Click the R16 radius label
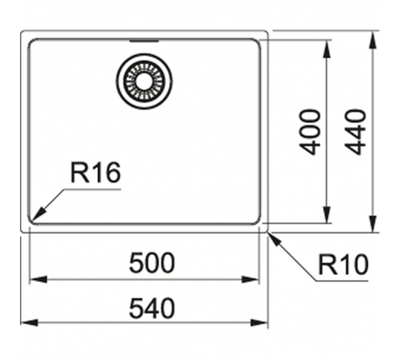pyautogui.click(x=96, y=172)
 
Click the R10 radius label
pyautogui.click(x=344, y=264)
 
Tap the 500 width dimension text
pyautogui.click(x=152, y=263)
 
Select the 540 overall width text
pyautogui.click(x=152, y=309)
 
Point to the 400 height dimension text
pyautogui.click(x=309, y=132)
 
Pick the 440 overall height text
pyautogui.click(x=355, y=132)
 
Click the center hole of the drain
pyautogui.click(x=144, y=81)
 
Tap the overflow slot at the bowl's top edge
pyautogui.click(x=144, y=41)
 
